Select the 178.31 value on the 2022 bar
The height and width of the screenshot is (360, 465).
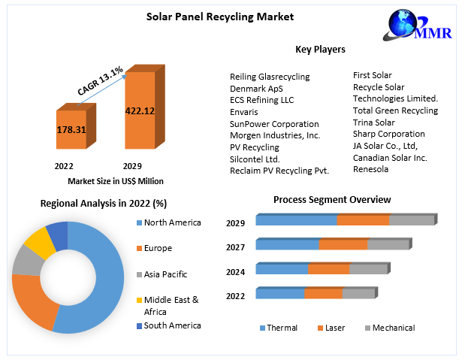(x=71, y=129)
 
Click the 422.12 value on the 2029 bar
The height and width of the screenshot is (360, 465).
(x=140, y=111)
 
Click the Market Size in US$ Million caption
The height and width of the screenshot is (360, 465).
(x=116, y=180)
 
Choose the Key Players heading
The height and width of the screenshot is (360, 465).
(x=320, y=50)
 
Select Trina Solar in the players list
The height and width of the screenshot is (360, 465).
(x=373, y=123)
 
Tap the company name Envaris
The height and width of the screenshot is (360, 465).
(x=244, y=112)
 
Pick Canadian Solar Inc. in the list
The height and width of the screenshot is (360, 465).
(x=390, y=158)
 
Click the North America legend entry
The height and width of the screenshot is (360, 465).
(x=173, y=222)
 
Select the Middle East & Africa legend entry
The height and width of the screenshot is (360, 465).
(x=171, y=304)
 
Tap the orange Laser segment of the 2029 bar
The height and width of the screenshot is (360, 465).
(x=362, y=220)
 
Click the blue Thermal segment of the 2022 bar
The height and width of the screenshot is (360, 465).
(x=280, y=293)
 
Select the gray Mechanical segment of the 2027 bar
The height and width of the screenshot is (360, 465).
(x=388, y=244)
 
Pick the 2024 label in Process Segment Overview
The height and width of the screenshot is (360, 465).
(x=235, y=271)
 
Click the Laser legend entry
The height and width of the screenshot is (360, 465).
(x=335, y=328)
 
